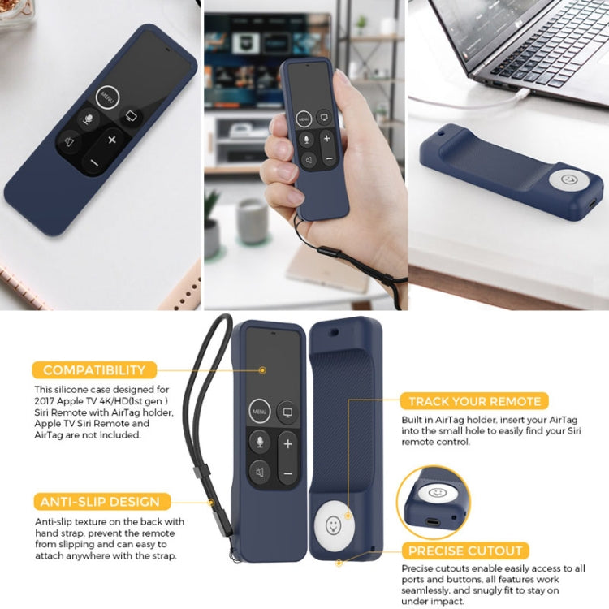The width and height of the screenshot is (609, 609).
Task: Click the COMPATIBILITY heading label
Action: click(x=94, y=370)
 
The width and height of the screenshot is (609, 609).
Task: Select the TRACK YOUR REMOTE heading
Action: click(x=474, y=401)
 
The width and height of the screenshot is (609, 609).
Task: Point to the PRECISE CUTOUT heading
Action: click(x=465, y=551)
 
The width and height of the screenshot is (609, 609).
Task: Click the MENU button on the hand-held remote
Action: click(x=303, y=119)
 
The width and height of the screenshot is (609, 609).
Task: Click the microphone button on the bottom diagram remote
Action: click(x=260, y=443)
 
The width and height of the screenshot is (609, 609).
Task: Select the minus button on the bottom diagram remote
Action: click(x=287, y=473)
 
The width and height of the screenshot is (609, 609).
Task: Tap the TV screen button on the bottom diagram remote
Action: click(x=287, y=412)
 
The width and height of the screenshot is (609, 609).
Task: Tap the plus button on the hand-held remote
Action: click(x=327, y=139)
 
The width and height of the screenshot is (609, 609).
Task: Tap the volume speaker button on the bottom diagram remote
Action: click(x=260, y=473)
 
